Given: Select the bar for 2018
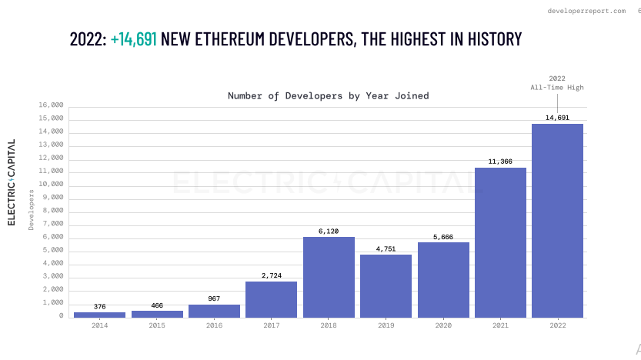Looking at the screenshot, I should pos(329,277).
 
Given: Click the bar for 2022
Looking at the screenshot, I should pos(557,221).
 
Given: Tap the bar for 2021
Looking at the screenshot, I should pos(500,242).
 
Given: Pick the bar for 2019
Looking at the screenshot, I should pos(386,285).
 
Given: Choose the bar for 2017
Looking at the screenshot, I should pos(271,299).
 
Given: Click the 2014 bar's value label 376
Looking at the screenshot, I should pos(99,307).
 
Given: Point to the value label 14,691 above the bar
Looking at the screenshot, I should pos(557,118).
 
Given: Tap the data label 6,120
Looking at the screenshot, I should pos(329,231).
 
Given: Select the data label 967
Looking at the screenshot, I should pos(214,298).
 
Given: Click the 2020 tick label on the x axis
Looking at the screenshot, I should pos(442,325).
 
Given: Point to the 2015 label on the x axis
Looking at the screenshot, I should pos(156,325).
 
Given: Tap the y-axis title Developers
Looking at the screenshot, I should pos(32,210).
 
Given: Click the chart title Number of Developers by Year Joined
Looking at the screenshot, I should pos(328,96).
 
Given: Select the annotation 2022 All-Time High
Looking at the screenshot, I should pos(556,83).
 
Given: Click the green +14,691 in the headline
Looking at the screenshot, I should pos(134,39).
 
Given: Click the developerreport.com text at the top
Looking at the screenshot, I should pos(586,11).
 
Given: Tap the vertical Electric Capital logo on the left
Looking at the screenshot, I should pos(12,182).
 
